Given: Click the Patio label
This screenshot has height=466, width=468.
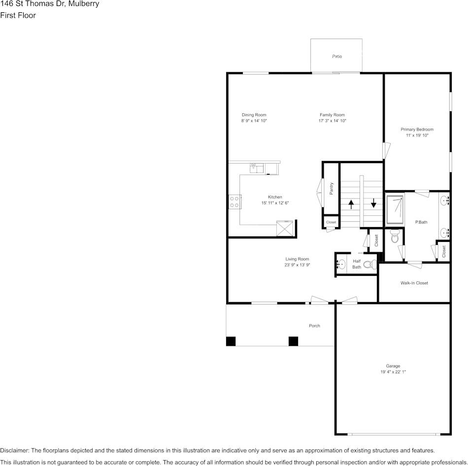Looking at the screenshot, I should pos(337,57).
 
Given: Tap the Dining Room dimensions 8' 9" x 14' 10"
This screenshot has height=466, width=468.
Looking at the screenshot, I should pos(254,121).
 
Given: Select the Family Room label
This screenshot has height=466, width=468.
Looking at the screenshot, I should pos(332,115).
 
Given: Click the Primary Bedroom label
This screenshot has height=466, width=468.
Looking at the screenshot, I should pos(417,129).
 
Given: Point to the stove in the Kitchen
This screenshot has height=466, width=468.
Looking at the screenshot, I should pos(234,201).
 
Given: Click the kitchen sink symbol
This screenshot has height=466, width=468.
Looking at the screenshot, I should pos(257,168).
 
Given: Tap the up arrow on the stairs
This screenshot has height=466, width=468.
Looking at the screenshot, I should pos(351,203).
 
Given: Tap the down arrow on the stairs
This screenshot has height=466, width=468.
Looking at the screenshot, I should pos(373,203).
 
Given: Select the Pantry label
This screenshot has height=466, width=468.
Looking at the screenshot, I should pos(332,188).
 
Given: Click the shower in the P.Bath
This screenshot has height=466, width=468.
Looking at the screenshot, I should pos(396,207).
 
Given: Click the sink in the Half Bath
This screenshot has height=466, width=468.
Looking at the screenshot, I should pos(341,264).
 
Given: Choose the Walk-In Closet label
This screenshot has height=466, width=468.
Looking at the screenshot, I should pos(414,283).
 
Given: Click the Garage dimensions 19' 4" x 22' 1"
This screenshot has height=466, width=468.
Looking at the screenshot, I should pos(393,372).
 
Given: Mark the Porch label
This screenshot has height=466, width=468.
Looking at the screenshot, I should pos(314,326).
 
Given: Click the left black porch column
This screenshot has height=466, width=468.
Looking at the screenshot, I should pos(231,341).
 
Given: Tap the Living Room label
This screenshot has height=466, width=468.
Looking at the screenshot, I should pos(297,259).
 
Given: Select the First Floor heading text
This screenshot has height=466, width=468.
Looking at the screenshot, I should pos(18,15).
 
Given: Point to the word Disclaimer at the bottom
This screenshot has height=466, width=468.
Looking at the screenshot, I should pos(14,450).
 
